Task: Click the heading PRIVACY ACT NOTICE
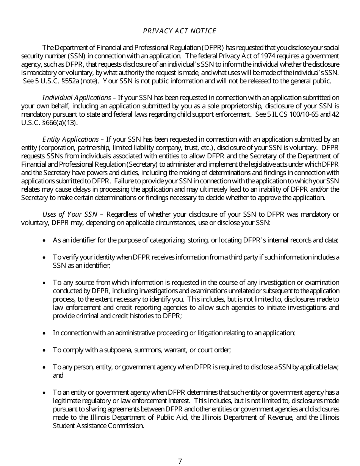coord(180,31)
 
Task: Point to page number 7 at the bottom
coord(180,461)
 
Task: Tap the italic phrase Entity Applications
coord(70,139)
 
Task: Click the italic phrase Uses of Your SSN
coord(70,214)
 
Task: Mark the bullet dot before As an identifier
coord(45,241)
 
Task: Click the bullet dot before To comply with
coord(45,350)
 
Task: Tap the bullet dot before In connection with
coord(45,333)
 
